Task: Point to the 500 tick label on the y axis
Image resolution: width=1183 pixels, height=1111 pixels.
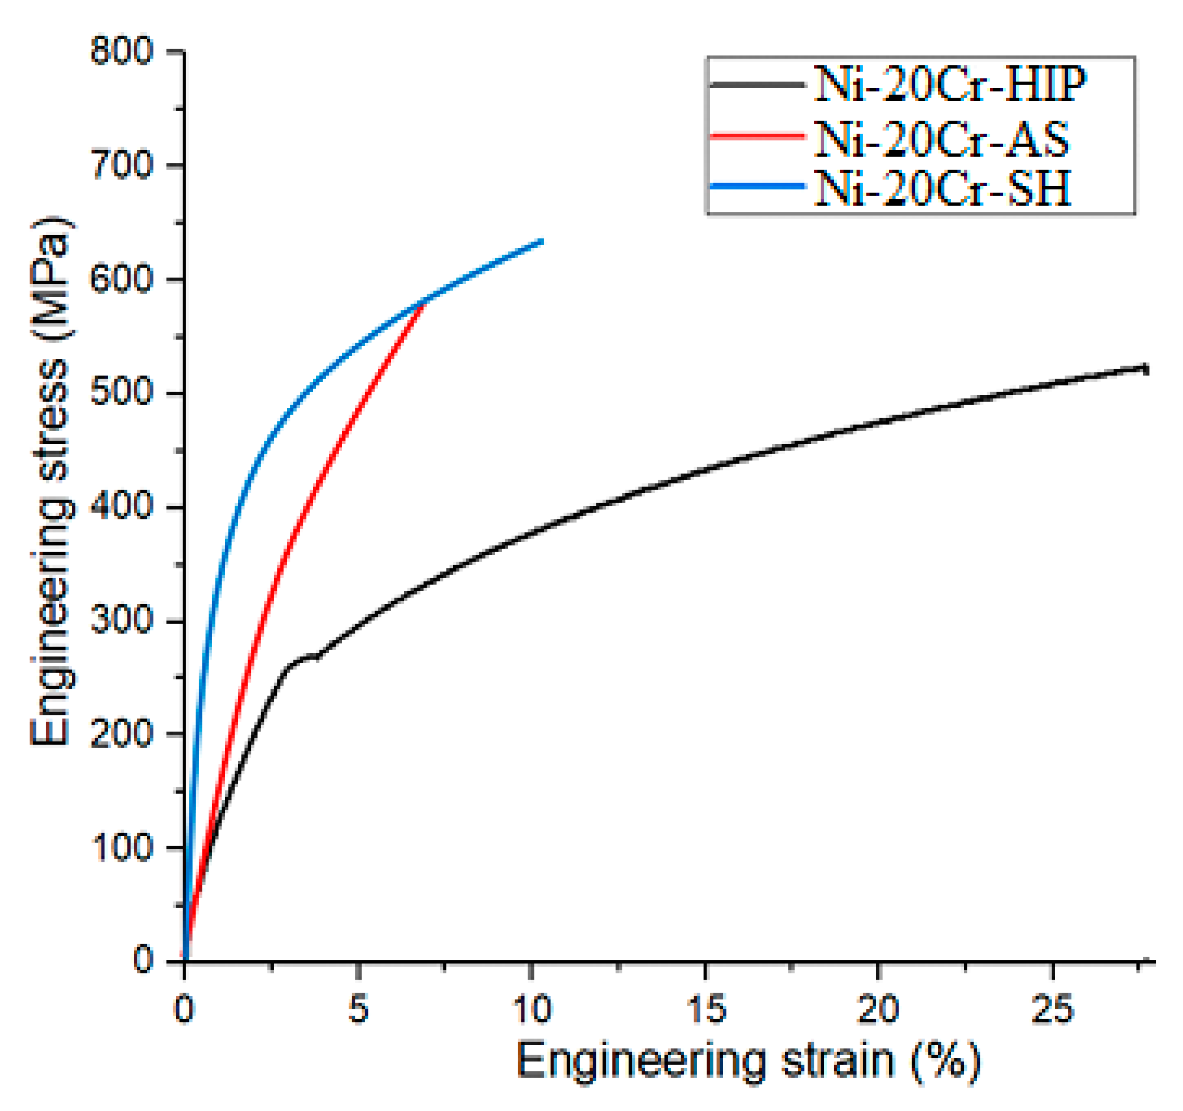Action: point(122,393)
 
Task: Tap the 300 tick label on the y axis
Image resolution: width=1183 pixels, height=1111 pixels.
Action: point(122,621)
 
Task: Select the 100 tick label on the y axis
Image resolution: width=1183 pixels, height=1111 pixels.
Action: point(122,848)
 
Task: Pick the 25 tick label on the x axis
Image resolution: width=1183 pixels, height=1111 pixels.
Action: point(1052,1009)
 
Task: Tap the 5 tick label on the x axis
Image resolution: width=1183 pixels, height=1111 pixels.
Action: point(358,1009)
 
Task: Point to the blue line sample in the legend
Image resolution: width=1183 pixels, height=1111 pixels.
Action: point(757,186)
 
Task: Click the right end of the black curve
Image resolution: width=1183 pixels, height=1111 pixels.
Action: point(1146,369)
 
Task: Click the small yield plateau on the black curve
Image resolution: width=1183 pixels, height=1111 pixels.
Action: point(306,657)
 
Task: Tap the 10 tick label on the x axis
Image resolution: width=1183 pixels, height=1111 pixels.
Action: point(532,1009)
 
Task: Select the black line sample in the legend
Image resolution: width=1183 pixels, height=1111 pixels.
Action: point(757,85)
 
